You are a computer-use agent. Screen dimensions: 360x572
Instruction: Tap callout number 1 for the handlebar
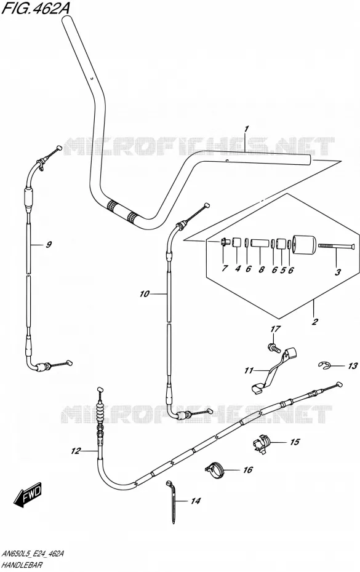[x=246, y=129]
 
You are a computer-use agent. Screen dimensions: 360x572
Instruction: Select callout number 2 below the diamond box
[x=314, y=322]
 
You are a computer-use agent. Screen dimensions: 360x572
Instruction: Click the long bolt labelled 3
[x=336, y=247]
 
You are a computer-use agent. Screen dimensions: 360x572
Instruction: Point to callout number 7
[x=225, y=269]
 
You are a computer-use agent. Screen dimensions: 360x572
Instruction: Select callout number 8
[x=261, y=270]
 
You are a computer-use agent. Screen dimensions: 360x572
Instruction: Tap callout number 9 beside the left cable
[x=49, y=244]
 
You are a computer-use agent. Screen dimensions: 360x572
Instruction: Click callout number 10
[x=145, y=293]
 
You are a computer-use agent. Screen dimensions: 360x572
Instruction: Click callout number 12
[x=75, y=451]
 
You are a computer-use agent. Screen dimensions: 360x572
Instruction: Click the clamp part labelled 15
[x=262, y=442]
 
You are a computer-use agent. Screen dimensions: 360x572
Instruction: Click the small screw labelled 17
[x=273, y=347]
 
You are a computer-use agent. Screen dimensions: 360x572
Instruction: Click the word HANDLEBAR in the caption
[x=22, y=565]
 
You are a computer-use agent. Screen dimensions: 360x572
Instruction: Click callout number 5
[x=282, y=270]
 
